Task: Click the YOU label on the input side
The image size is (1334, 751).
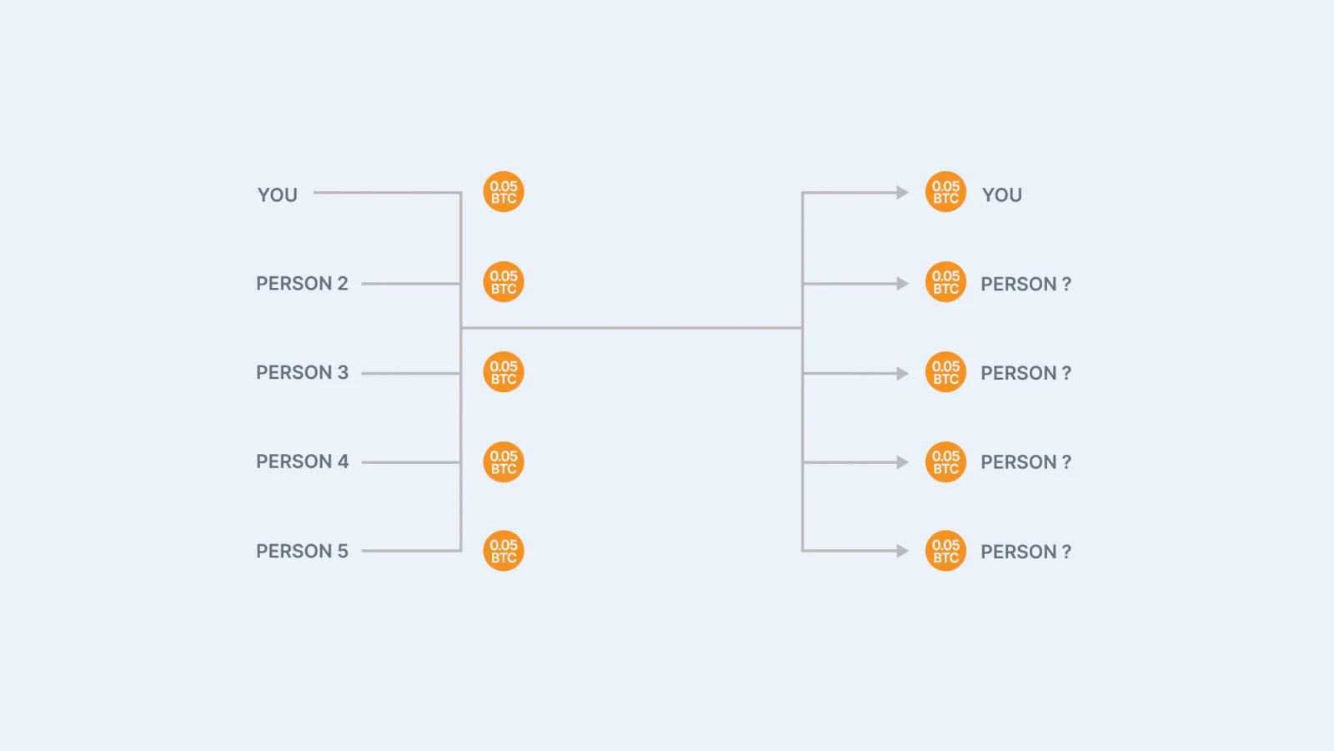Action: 277,195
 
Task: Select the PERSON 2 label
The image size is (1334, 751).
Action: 302,283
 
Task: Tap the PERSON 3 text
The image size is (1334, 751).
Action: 302,372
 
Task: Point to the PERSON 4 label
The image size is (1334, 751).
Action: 302,461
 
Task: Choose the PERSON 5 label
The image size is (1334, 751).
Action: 302,551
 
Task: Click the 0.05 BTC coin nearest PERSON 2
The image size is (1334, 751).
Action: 504,282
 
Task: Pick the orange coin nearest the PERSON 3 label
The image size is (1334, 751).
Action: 504,372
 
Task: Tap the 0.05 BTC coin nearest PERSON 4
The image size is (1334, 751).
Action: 504,462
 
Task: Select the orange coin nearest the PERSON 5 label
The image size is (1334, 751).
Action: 504,551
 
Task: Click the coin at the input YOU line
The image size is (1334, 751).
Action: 504,192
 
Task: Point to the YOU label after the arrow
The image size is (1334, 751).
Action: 1001,195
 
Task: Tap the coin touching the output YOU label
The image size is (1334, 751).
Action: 945,192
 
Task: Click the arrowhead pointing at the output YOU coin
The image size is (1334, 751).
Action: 903,193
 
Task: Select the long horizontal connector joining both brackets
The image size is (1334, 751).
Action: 632,328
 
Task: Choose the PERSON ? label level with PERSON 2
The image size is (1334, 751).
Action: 1026,284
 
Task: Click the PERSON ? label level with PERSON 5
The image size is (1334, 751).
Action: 1026,552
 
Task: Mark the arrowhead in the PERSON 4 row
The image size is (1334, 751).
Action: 903,462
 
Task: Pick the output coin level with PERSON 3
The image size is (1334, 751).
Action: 945,372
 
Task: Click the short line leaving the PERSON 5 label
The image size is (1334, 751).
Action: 411,551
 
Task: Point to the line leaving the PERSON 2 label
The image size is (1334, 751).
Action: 411,284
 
